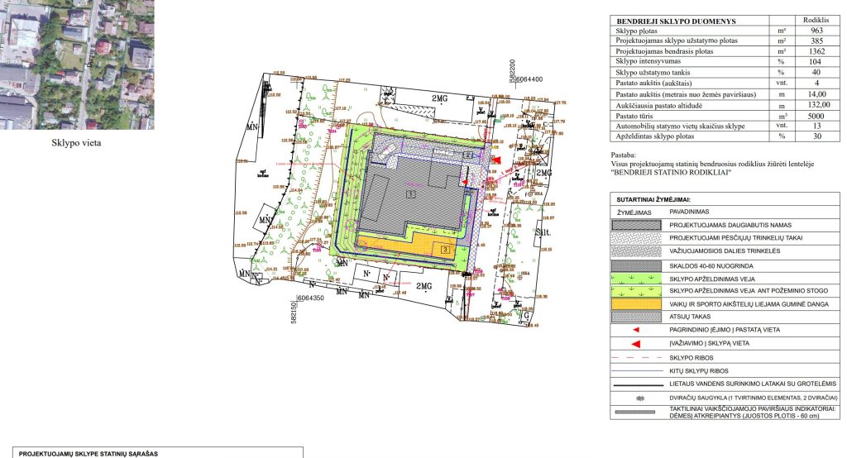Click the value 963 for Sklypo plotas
(816, 30)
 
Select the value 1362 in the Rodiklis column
(816, 51)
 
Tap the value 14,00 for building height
(816, 95)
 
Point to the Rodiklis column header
(816, 19)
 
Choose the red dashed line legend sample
(636, 358)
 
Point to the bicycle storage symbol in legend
(636, 398)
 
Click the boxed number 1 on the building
(410, 194)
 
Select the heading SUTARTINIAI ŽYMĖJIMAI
(653, 199)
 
